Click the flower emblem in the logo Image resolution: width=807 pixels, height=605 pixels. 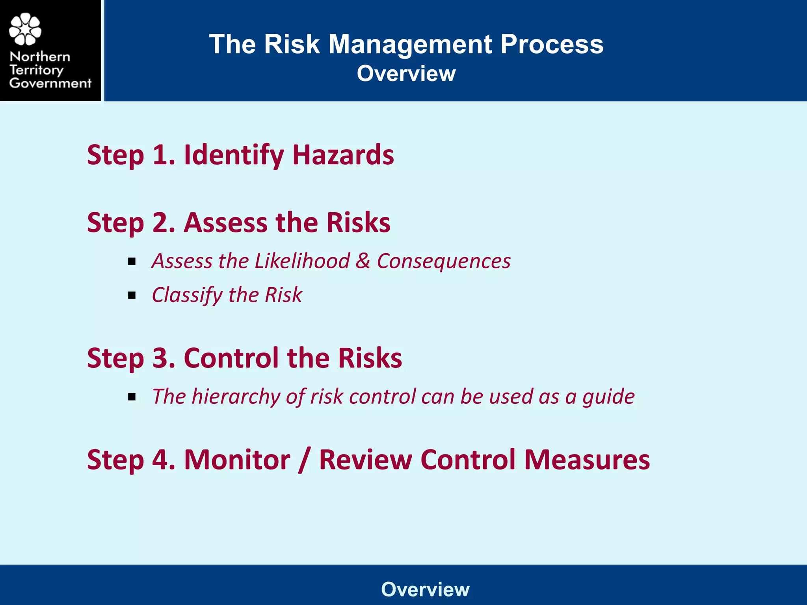tap(25, 30)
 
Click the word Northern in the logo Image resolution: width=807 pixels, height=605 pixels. tap(40, 57)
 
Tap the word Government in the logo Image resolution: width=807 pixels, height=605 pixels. tap(50, 83)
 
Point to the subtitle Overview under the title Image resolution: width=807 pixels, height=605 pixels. tap(406, 74)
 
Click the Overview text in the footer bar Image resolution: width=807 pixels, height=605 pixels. tap(425, 590)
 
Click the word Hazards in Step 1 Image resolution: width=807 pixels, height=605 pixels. tap(343, 155)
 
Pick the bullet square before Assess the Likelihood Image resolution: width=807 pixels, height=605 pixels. tap(132, 262)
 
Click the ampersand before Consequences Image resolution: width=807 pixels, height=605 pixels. tap(363, 261)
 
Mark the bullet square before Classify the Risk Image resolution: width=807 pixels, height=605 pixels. tap(132, 295)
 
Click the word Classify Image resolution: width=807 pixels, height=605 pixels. tap(187, 295)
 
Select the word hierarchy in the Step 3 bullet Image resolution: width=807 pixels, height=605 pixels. tap(236, 397)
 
